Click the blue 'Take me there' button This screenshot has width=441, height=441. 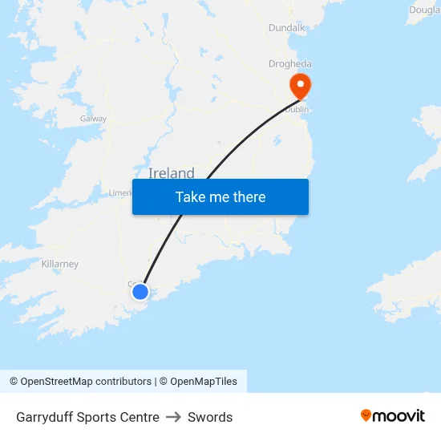coord(220,196)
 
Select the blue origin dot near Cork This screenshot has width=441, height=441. coord(140,291)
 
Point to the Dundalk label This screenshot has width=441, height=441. coord(287,27)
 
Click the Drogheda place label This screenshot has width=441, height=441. coord(290,64)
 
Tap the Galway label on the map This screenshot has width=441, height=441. coord(93,119)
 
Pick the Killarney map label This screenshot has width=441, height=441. coord(60,264)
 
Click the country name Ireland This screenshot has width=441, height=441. coord(171,172)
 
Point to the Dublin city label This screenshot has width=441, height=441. coord(296,109)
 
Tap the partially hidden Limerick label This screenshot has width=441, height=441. coord(120,193)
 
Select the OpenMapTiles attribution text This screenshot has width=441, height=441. coord(204,382)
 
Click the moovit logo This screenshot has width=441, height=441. coord(393,416)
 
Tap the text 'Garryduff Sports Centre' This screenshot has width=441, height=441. coord(87,417)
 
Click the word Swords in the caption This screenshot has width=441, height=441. coord(210,417)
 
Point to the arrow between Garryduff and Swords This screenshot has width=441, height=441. coord(173,417)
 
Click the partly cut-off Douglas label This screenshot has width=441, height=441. coord(425,10)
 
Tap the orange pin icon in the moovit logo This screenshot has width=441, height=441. coord(366,415)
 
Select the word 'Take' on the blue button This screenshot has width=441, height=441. coord(190,196)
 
